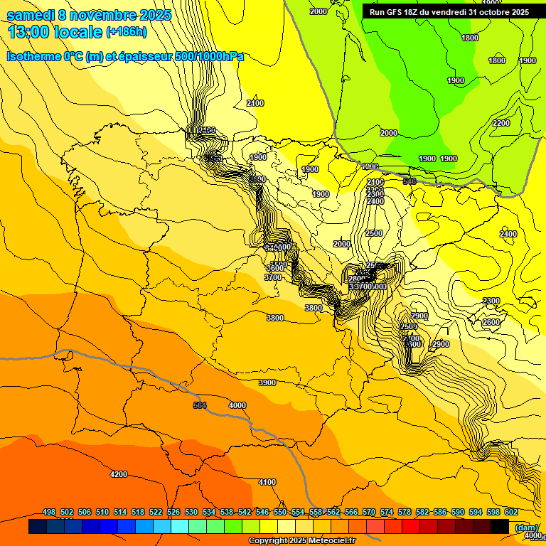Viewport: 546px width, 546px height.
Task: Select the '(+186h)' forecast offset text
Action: tap(126, 32)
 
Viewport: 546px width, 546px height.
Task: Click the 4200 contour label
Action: tap(119, 474)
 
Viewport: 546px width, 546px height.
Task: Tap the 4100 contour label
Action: tap(267, 482)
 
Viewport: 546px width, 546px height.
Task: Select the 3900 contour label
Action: tap(267, 382)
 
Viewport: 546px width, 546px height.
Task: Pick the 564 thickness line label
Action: tap(200, 405)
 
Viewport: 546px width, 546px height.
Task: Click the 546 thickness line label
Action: tap(409, 182)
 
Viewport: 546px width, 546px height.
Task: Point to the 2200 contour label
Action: tap(501, 123)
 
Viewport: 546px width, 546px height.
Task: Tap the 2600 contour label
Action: tap(491, 322)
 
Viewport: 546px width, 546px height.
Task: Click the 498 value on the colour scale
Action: tap(49, 512)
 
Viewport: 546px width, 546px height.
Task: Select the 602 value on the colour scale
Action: tap(511, 512)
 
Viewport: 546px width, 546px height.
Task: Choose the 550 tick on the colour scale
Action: tap(280, 512)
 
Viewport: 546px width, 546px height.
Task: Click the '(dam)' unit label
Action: tap(526, 527)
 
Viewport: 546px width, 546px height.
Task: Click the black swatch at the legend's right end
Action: tap(500, 527)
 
